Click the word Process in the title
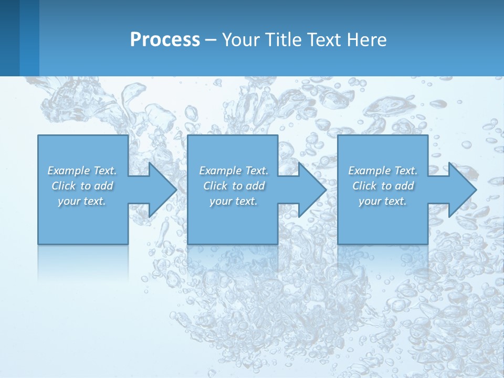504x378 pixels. (x=165, y=40)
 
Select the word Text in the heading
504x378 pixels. (x=323, y=40)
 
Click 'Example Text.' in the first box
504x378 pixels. (x=82, y=171)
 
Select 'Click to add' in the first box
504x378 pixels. (x=82, y=186)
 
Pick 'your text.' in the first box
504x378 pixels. (x=82, y=201)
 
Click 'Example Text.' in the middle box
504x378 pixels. (x=234, y=171)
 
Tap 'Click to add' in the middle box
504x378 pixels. (x=234, y=186)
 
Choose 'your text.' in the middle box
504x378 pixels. (x=234, y=201)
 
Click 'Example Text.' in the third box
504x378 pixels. (x=383, y=171)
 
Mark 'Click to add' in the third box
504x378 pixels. (x=383, y=186)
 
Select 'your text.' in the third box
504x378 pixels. (x=383, y=201)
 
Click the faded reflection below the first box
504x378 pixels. (x=83, y=260)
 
